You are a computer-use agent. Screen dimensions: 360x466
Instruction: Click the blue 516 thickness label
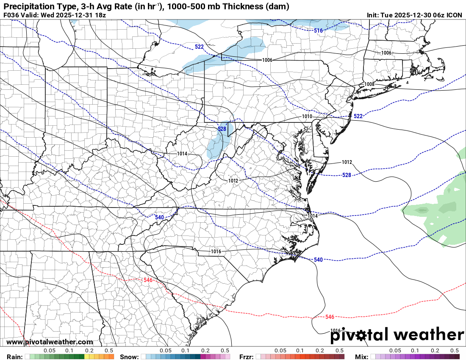tap(319, 30)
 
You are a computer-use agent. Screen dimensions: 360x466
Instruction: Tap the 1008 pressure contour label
tap(369, 84)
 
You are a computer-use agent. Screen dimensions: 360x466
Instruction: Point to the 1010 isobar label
tap(307, 116)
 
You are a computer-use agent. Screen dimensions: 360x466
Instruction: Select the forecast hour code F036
tap(11, 15)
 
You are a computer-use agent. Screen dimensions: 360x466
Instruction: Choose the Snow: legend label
tap(129, 357)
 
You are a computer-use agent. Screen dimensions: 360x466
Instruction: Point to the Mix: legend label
tap(362, 357)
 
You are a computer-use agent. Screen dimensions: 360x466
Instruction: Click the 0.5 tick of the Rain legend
tap(109, 351)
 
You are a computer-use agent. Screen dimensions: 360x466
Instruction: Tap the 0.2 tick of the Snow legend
tap(205, 351)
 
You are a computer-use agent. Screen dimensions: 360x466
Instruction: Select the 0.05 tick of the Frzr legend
tap(280, 351)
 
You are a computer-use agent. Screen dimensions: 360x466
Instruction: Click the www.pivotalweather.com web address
tap(50, 342)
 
